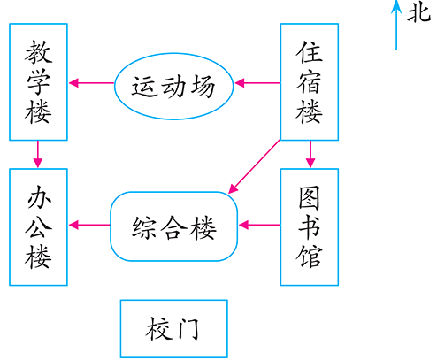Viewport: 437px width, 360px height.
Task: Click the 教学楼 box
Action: pos(38,81)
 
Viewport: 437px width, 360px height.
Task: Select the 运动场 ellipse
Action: pos(174,86)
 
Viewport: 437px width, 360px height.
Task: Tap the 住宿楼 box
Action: pos(310,81)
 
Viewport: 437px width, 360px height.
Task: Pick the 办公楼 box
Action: pos(38,226)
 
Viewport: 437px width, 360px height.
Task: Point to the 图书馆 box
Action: pos(310,226)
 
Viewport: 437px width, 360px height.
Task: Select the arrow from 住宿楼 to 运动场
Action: pos(257,84)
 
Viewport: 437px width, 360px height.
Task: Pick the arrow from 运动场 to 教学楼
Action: pos(92,84)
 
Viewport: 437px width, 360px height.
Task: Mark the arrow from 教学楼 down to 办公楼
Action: pos(38,154)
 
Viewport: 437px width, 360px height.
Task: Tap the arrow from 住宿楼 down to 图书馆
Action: pos(310,154)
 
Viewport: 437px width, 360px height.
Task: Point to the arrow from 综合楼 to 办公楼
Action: pos(88,225)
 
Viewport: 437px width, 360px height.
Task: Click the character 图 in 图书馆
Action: pos(310,194)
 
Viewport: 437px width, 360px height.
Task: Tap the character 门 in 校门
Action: pos(190,329)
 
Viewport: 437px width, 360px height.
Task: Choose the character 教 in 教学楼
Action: pos(38,49)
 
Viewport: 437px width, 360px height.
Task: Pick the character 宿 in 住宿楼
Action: pos(310,81)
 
